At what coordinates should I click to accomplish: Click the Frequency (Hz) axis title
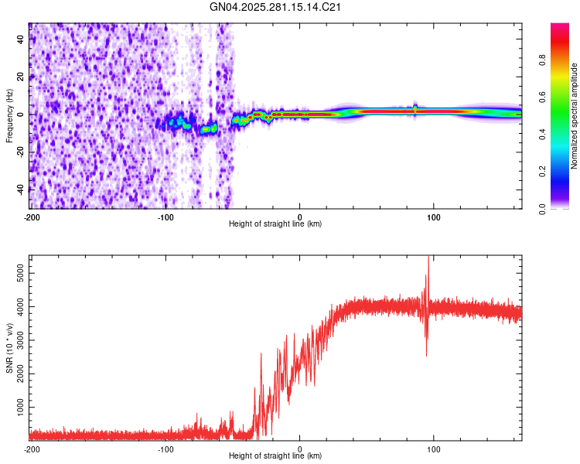pyautogui.click(x=9, y=115)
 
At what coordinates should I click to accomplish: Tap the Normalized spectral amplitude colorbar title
pyautogui.click(x=574, y=116)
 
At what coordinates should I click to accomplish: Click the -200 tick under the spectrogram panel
pyautogui.click(x=32, y=216)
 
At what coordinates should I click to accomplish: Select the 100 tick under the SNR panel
pyautogui.click(x=434, y=448)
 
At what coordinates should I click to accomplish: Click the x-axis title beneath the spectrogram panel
pyautogui.click(x=275, y=223)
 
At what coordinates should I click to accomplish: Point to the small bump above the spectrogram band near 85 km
pyautogui.click(x=415, y=106)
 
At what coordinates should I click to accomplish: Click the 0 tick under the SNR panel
pyautogui.click(x=300, y=448)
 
